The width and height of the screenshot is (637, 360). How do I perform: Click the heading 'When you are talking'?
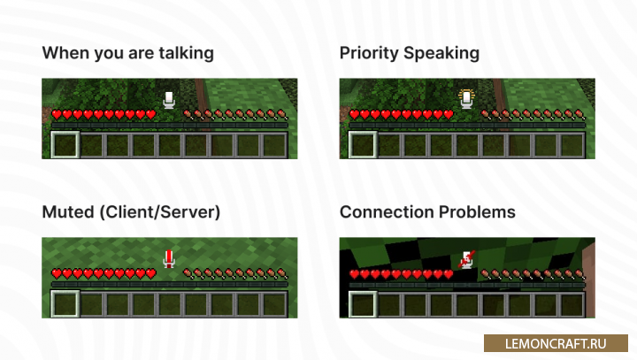point(128,53)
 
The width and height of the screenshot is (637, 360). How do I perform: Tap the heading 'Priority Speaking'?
point(410,53)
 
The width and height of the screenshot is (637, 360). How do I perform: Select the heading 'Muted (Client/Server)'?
point(131,212)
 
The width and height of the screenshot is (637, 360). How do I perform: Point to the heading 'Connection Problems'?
point(427,212)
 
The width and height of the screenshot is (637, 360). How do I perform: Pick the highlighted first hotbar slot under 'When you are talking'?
point(65,144)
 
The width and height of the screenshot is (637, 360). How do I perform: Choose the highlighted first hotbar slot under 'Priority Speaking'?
point(363,144)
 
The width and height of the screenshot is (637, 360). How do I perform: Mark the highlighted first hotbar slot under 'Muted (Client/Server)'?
point(65,303)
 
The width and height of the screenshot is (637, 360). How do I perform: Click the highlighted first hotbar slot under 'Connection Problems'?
point(363,303)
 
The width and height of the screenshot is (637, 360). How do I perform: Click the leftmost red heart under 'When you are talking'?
point(57,115)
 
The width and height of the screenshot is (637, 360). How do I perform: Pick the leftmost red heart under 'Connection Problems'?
point(355,275)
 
